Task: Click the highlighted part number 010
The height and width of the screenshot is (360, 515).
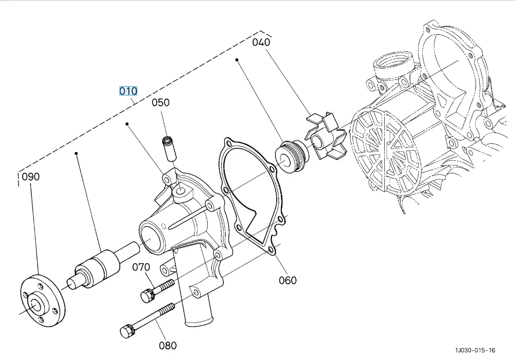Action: [x=128, y=91]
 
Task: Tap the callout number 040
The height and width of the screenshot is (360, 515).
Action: [x=261, y=42]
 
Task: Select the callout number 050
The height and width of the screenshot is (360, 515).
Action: [x=160, y=102]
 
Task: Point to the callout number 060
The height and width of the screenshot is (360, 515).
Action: [x=287, y=280]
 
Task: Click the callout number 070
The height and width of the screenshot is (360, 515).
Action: [x=141, y=267]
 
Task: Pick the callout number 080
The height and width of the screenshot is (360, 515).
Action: [x=168, y=345]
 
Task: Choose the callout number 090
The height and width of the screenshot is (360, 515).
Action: [x=31, y=177]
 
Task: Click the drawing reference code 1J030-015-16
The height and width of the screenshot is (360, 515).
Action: [x=475, y=350]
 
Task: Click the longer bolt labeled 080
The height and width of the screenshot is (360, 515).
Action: [x=148, y=318]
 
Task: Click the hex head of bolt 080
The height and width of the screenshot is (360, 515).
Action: [x=126, y=332]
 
